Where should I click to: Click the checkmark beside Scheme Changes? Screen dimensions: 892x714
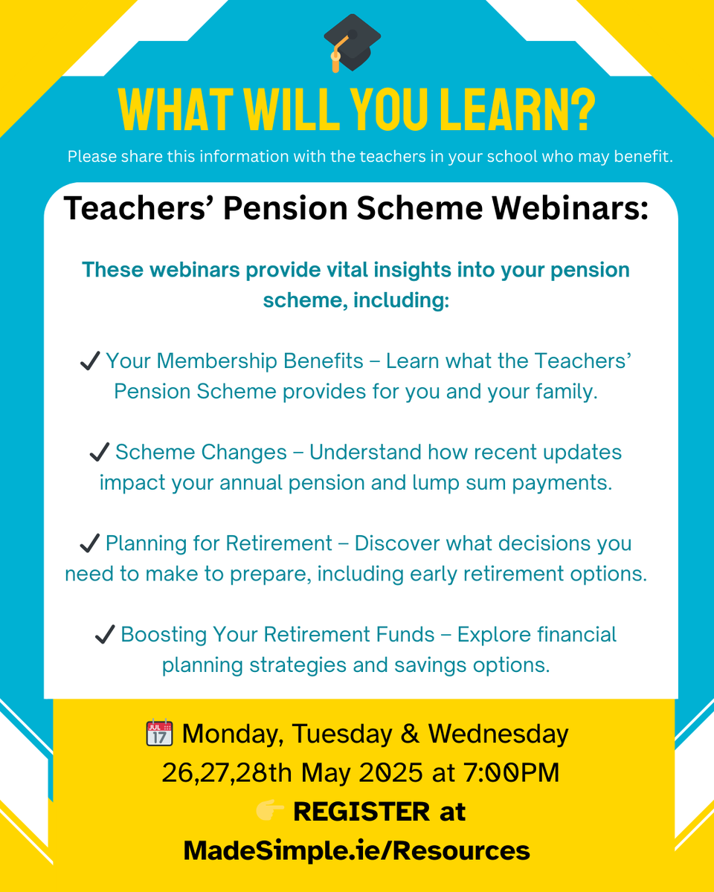click(x=100, y=453)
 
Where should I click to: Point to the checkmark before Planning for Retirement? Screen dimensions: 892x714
click(x=90, y=544)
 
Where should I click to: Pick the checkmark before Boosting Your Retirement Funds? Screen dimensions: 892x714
click(x=105, y=636)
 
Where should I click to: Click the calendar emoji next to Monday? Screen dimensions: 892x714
click(x=158, y=734)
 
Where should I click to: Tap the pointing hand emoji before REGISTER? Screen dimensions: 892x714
click(x=270, y=812)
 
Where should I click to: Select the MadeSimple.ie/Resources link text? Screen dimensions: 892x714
click(x=357, y=850)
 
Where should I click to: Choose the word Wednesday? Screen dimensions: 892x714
click(x=498, y=734)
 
